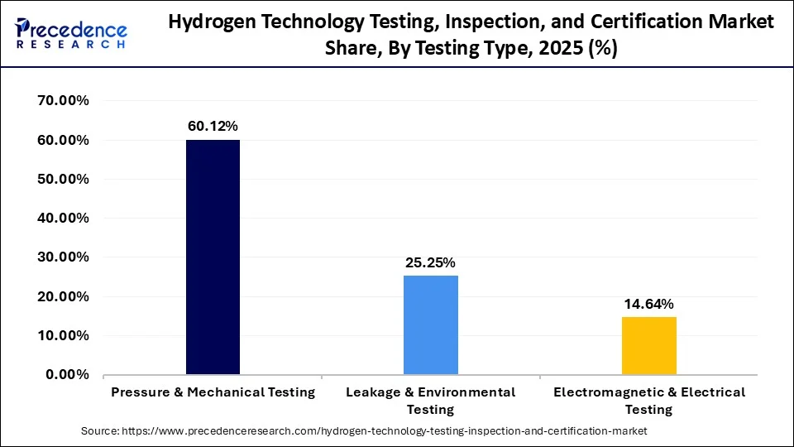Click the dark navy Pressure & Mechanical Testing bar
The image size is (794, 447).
tap(213, 257)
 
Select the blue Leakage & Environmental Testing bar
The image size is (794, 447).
tap(430, 324)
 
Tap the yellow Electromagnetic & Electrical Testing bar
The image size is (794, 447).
tap(648, 345)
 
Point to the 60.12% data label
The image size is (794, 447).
tap(213, 126)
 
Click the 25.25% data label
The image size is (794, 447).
tap(430, 262)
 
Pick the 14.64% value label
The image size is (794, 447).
tap(648, 304)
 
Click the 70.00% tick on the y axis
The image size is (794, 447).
tap(64, 101)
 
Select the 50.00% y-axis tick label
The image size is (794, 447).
tap(64, 179)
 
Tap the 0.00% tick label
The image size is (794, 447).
tap(67, 374)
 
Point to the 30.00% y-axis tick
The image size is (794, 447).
tap(64, 257)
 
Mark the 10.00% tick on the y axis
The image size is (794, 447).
tap(64, 335)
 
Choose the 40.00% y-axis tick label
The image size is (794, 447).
tap(64, 219)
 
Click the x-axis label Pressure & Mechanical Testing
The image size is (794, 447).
tap(213, 392)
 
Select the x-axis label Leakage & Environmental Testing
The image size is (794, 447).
tap(430, 401)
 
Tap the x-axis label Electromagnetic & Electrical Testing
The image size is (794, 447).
tap(648, 401)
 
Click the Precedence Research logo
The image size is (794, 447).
tap(71, 34)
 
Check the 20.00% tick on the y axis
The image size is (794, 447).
tap(64, 296)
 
